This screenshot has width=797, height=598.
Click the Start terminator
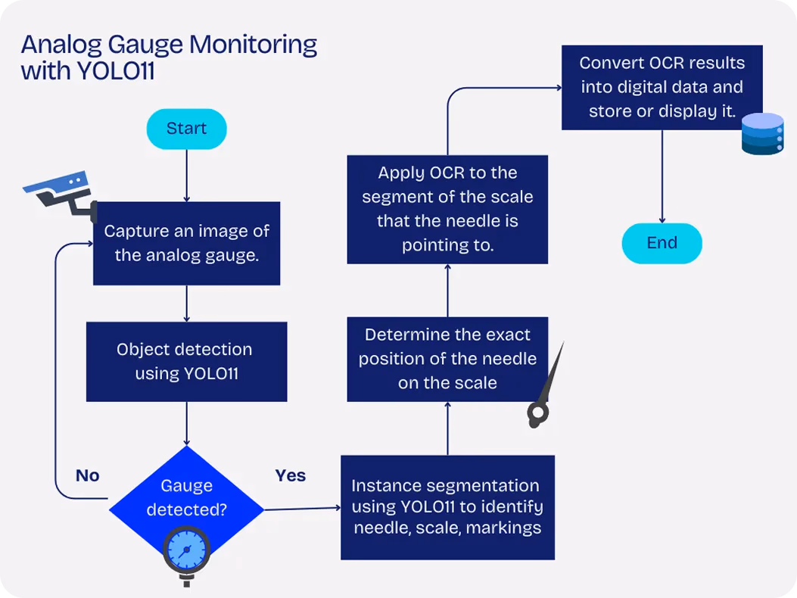186,129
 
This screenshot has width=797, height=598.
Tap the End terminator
662,243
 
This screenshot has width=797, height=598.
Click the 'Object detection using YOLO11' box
186,362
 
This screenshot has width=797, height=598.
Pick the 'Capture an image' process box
186,244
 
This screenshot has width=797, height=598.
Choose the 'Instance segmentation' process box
447,507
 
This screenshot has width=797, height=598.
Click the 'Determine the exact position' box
447,359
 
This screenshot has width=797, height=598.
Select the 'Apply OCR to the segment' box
447,210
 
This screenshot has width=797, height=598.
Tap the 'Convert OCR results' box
662,88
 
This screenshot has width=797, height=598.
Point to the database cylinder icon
762,134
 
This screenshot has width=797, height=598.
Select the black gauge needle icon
544,387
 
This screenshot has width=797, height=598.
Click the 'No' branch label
88,475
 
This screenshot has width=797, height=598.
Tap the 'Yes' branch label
290,475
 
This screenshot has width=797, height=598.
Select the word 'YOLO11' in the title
115,70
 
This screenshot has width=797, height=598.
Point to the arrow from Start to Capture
186,176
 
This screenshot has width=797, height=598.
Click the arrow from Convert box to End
662,176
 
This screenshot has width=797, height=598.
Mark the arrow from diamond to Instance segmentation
303,509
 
